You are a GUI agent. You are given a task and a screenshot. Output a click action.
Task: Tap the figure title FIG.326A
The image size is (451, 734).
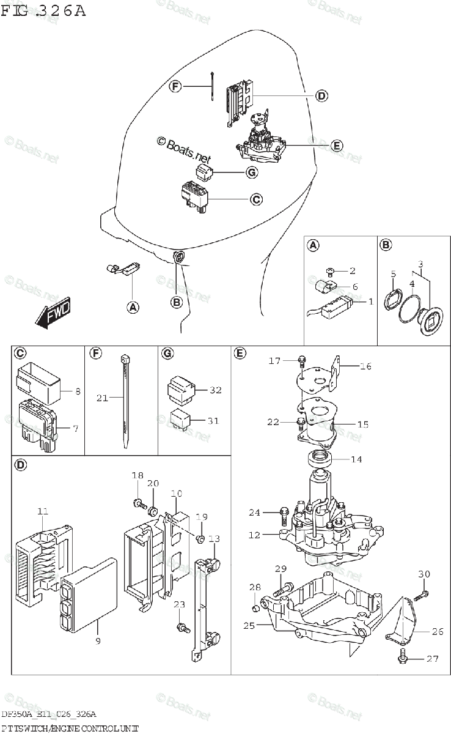(43, 11)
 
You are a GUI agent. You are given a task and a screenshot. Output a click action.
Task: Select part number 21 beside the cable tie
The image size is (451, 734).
(102, 398)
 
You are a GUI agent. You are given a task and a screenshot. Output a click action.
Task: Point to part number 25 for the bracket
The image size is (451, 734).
(249, 625)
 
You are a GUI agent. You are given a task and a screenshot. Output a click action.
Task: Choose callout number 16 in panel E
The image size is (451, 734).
(365, 366)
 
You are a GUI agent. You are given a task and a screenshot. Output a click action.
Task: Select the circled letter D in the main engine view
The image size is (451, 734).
(321, 95)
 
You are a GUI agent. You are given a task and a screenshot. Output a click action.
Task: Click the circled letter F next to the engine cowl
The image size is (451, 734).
(175, 87)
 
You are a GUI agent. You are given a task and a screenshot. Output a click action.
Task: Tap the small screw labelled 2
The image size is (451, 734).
(330, 271)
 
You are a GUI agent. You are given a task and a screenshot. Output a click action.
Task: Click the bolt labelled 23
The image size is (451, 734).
(181, 627)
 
